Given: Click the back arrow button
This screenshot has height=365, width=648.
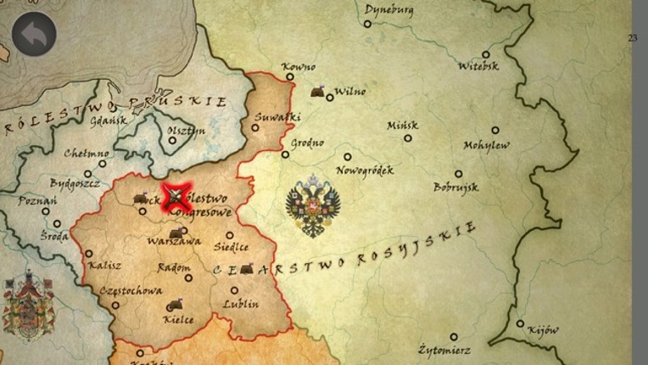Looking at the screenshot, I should tap(34, 34).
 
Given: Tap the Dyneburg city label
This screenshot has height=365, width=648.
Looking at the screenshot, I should tap(388, 9).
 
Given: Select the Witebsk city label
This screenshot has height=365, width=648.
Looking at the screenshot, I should tap(478, 65).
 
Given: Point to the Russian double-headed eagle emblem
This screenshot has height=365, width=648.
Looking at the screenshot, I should tap(313, 206).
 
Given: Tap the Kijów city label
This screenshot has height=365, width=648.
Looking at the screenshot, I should tap(543, 330).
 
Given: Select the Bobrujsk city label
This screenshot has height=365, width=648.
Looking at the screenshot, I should tap(456, 187).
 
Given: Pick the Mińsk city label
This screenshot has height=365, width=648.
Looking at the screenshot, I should tap(403, 125).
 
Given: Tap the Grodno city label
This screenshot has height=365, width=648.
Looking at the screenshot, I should tap(307, 143).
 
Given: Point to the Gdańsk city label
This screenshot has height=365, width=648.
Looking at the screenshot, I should tap(108, 121).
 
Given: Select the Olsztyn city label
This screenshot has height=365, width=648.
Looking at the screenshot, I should tap(187, 130).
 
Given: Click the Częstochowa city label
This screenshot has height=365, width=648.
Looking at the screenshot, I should tap(131, 290).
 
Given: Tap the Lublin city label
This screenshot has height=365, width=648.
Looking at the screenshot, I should tap(241, 304).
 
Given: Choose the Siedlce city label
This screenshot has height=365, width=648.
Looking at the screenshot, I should tap(232, 248).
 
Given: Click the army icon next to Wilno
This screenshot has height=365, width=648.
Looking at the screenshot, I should tap(319, 92).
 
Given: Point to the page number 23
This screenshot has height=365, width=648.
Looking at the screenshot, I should tap(633, 38).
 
